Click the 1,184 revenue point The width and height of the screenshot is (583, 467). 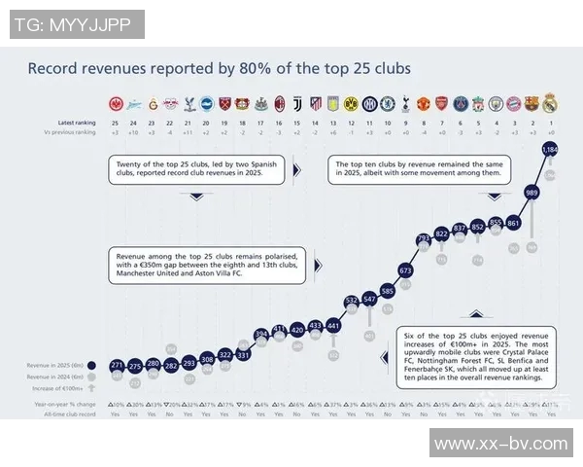550,150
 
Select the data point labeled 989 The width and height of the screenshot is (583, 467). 532,193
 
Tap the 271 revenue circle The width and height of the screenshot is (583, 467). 117,366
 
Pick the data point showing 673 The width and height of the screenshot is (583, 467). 405,270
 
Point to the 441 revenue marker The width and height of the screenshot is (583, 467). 333,325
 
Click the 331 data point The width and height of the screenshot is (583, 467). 243,355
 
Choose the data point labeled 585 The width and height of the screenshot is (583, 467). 388,291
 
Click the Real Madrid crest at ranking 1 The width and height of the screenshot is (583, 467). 550,102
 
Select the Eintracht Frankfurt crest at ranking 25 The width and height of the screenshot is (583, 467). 117,102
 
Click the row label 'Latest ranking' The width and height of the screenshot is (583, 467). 77,123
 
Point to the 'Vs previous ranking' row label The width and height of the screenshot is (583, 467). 73,132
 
